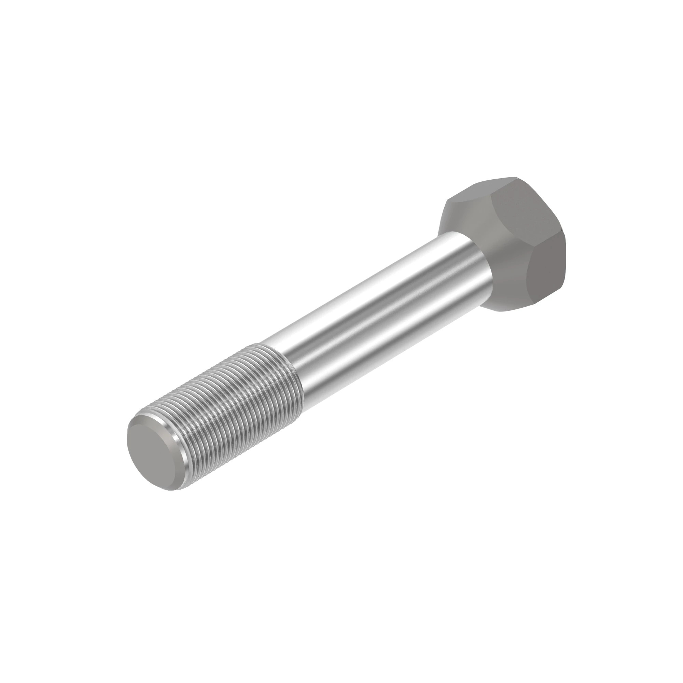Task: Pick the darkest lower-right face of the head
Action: coord(546,272)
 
